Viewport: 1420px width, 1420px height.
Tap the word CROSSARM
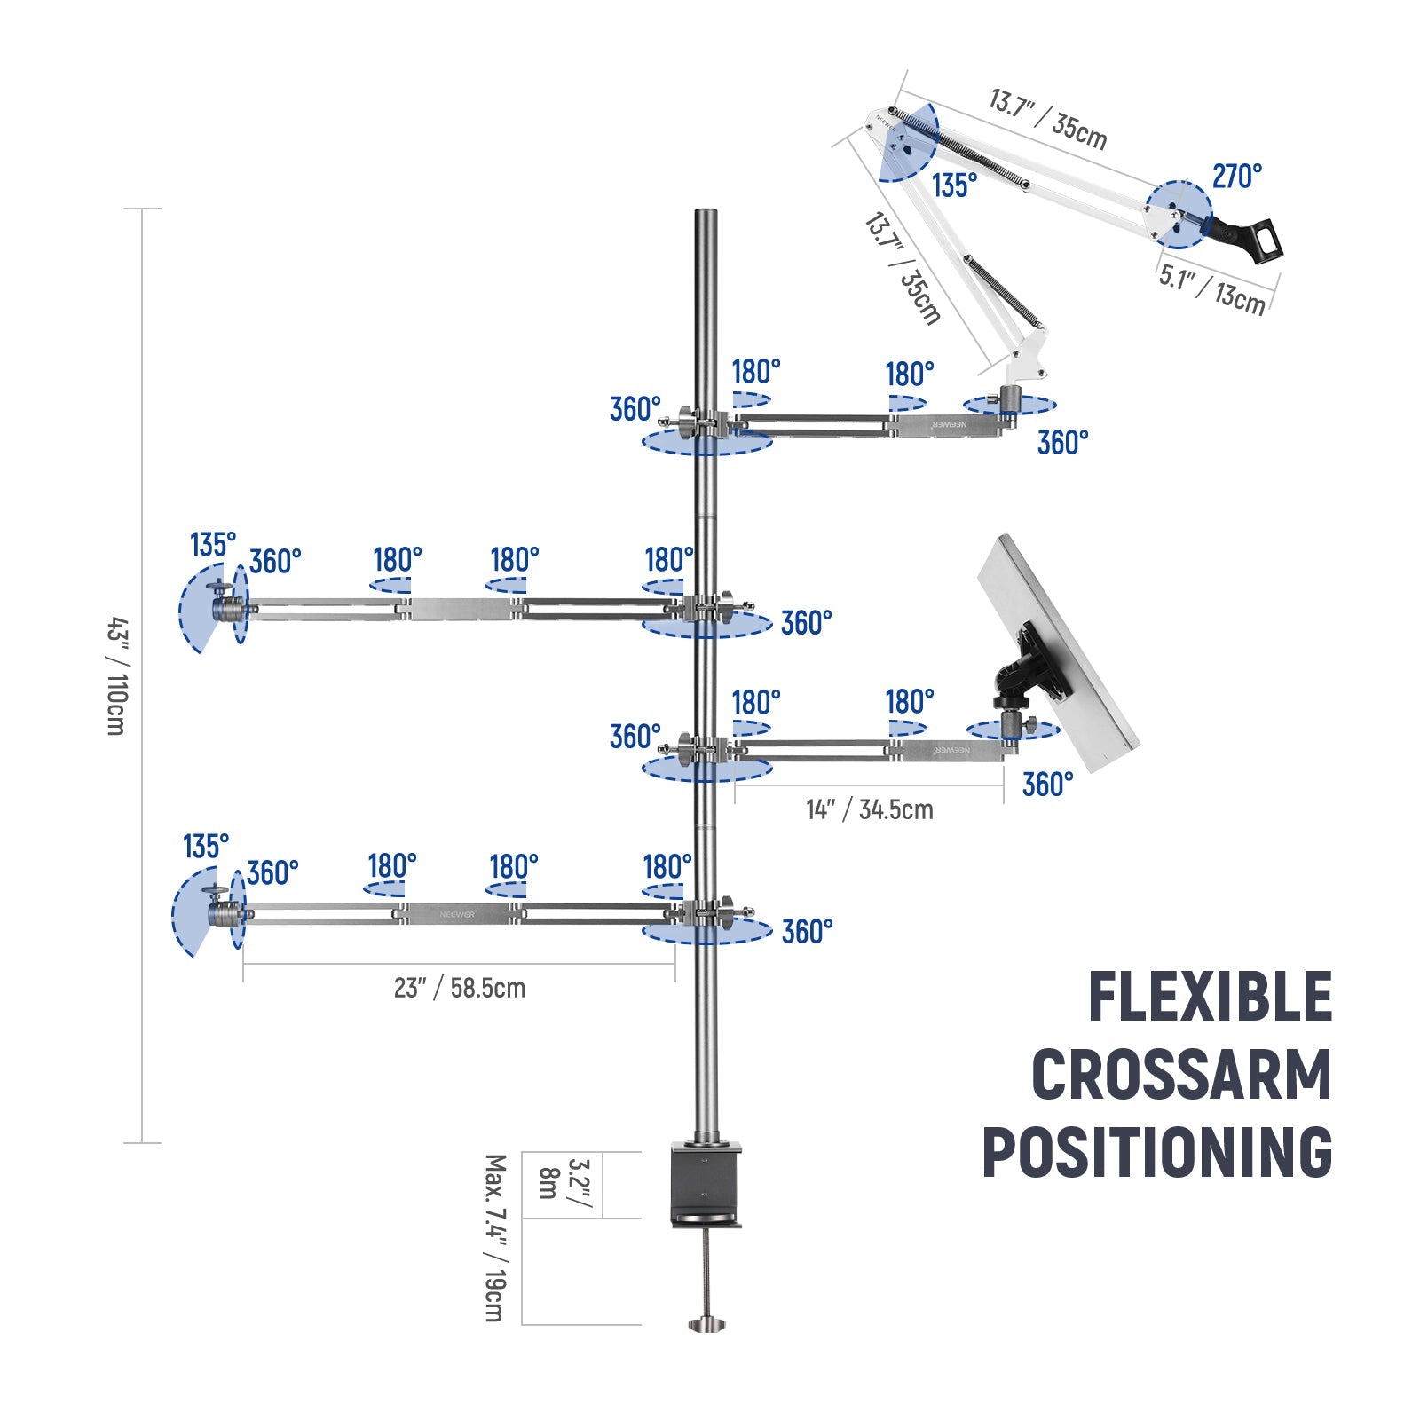(1181, 1075)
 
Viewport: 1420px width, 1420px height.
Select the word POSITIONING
(1157, 1152)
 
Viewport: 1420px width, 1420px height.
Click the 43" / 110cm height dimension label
(116, 675)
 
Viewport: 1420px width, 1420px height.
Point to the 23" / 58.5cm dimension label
(459, 988)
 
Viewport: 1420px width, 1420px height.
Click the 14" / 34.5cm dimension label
(869, 809)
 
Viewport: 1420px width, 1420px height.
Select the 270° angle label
(1236, 177)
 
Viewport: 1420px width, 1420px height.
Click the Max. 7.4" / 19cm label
(495, 1237)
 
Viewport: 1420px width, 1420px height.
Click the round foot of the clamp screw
(707, 1325)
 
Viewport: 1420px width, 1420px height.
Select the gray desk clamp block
(706, 1185)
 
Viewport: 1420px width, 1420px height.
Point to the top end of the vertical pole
(706, 215)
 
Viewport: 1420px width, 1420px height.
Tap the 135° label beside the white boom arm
(954, 185)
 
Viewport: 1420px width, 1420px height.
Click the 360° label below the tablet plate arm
(1047, 785)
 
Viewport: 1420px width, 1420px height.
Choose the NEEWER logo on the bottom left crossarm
(458, 913)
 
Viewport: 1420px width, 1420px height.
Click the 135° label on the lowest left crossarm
(206, 846)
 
